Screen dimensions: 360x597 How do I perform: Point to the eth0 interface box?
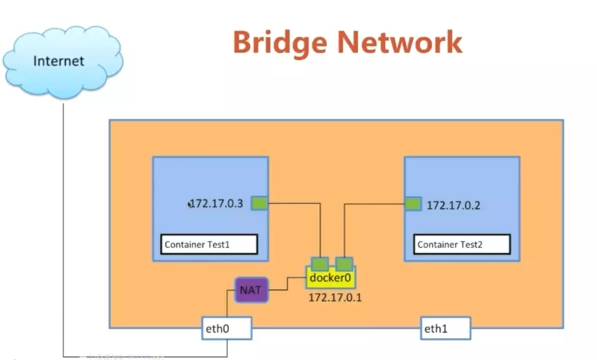click(x=226, y=328)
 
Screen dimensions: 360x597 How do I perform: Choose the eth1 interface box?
click(x=445, y=328)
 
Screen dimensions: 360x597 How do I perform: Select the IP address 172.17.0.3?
click(x=217, y=204)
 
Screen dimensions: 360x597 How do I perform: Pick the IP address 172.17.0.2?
click(x=453, y=205)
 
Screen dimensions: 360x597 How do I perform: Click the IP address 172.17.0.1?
click(x=335, y=297)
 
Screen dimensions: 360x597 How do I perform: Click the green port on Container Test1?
click(x=259, y=204)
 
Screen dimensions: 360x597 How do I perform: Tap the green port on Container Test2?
click(x=413, y=204)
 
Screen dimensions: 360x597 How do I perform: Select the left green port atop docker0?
click(x=321, y=263)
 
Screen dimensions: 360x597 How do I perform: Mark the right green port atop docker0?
click(x=344, y=263)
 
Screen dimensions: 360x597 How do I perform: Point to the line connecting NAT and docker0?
click(x=287, y=284)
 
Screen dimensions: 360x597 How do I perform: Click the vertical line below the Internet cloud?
click(x=63, y=227)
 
